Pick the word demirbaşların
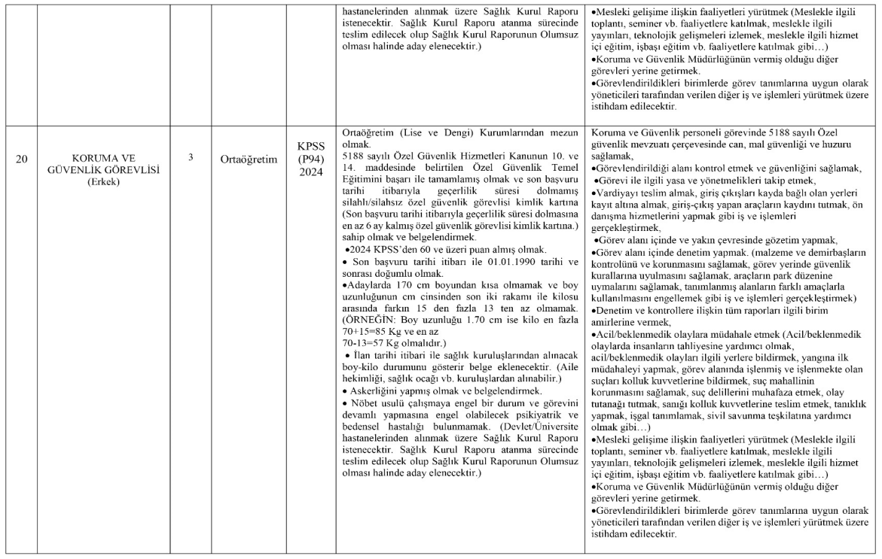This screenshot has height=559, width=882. [x=828, y=251]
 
